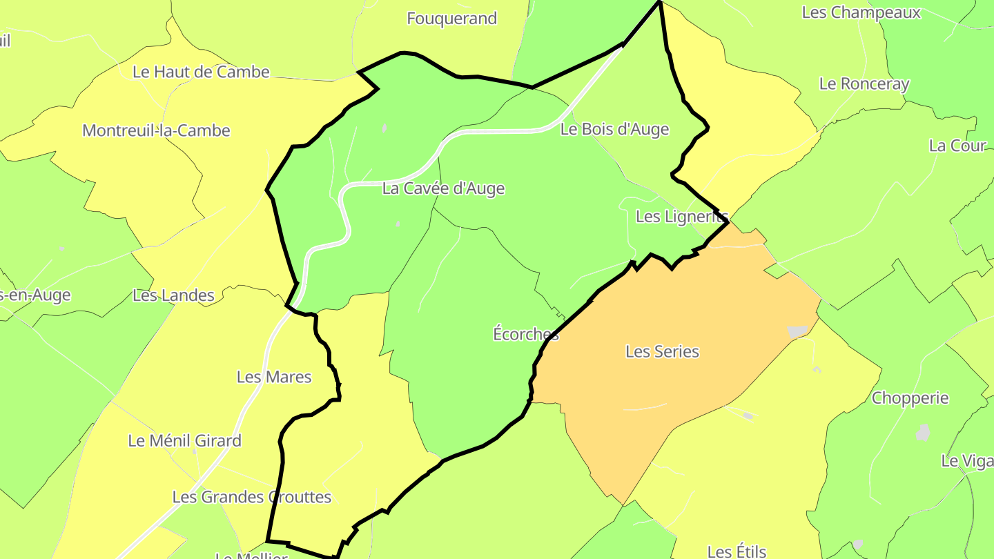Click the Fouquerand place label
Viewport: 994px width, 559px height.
[451, 19]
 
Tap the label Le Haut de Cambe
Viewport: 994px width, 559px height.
[201, 72]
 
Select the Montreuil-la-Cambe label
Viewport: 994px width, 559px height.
[156, 130]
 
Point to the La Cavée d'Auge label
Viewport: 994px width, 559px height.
[443, 188]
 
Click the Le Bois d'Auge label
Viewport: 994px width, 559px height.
[614, 129]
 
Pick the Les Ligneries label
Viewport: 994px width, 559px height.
[681, 217]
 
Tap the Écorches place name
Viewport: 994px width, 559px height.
[525, 334]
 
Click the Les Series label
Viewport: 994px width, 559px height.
[662, 351]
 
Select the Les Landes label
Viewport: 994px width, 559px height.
[173, 295]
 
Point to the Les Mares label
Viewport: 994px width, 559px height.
[274, 377]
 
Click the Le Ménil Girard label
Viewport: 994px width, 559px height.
[185, 440]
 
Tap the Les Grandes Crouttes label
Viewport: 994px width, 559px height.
[251, 497]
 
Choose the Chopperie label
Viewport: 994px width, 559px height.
[910, 398]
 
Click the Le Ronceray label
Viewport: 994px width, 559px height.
[864, 84]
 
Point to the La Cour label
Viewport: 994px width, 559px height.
[957, 146]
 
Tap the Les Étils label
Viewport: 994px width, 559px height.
[737, 551]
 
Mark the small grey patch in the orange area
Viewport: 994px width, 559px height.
[797, 332]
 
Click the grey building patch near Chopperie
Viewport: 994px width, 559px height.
[923, 433]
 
